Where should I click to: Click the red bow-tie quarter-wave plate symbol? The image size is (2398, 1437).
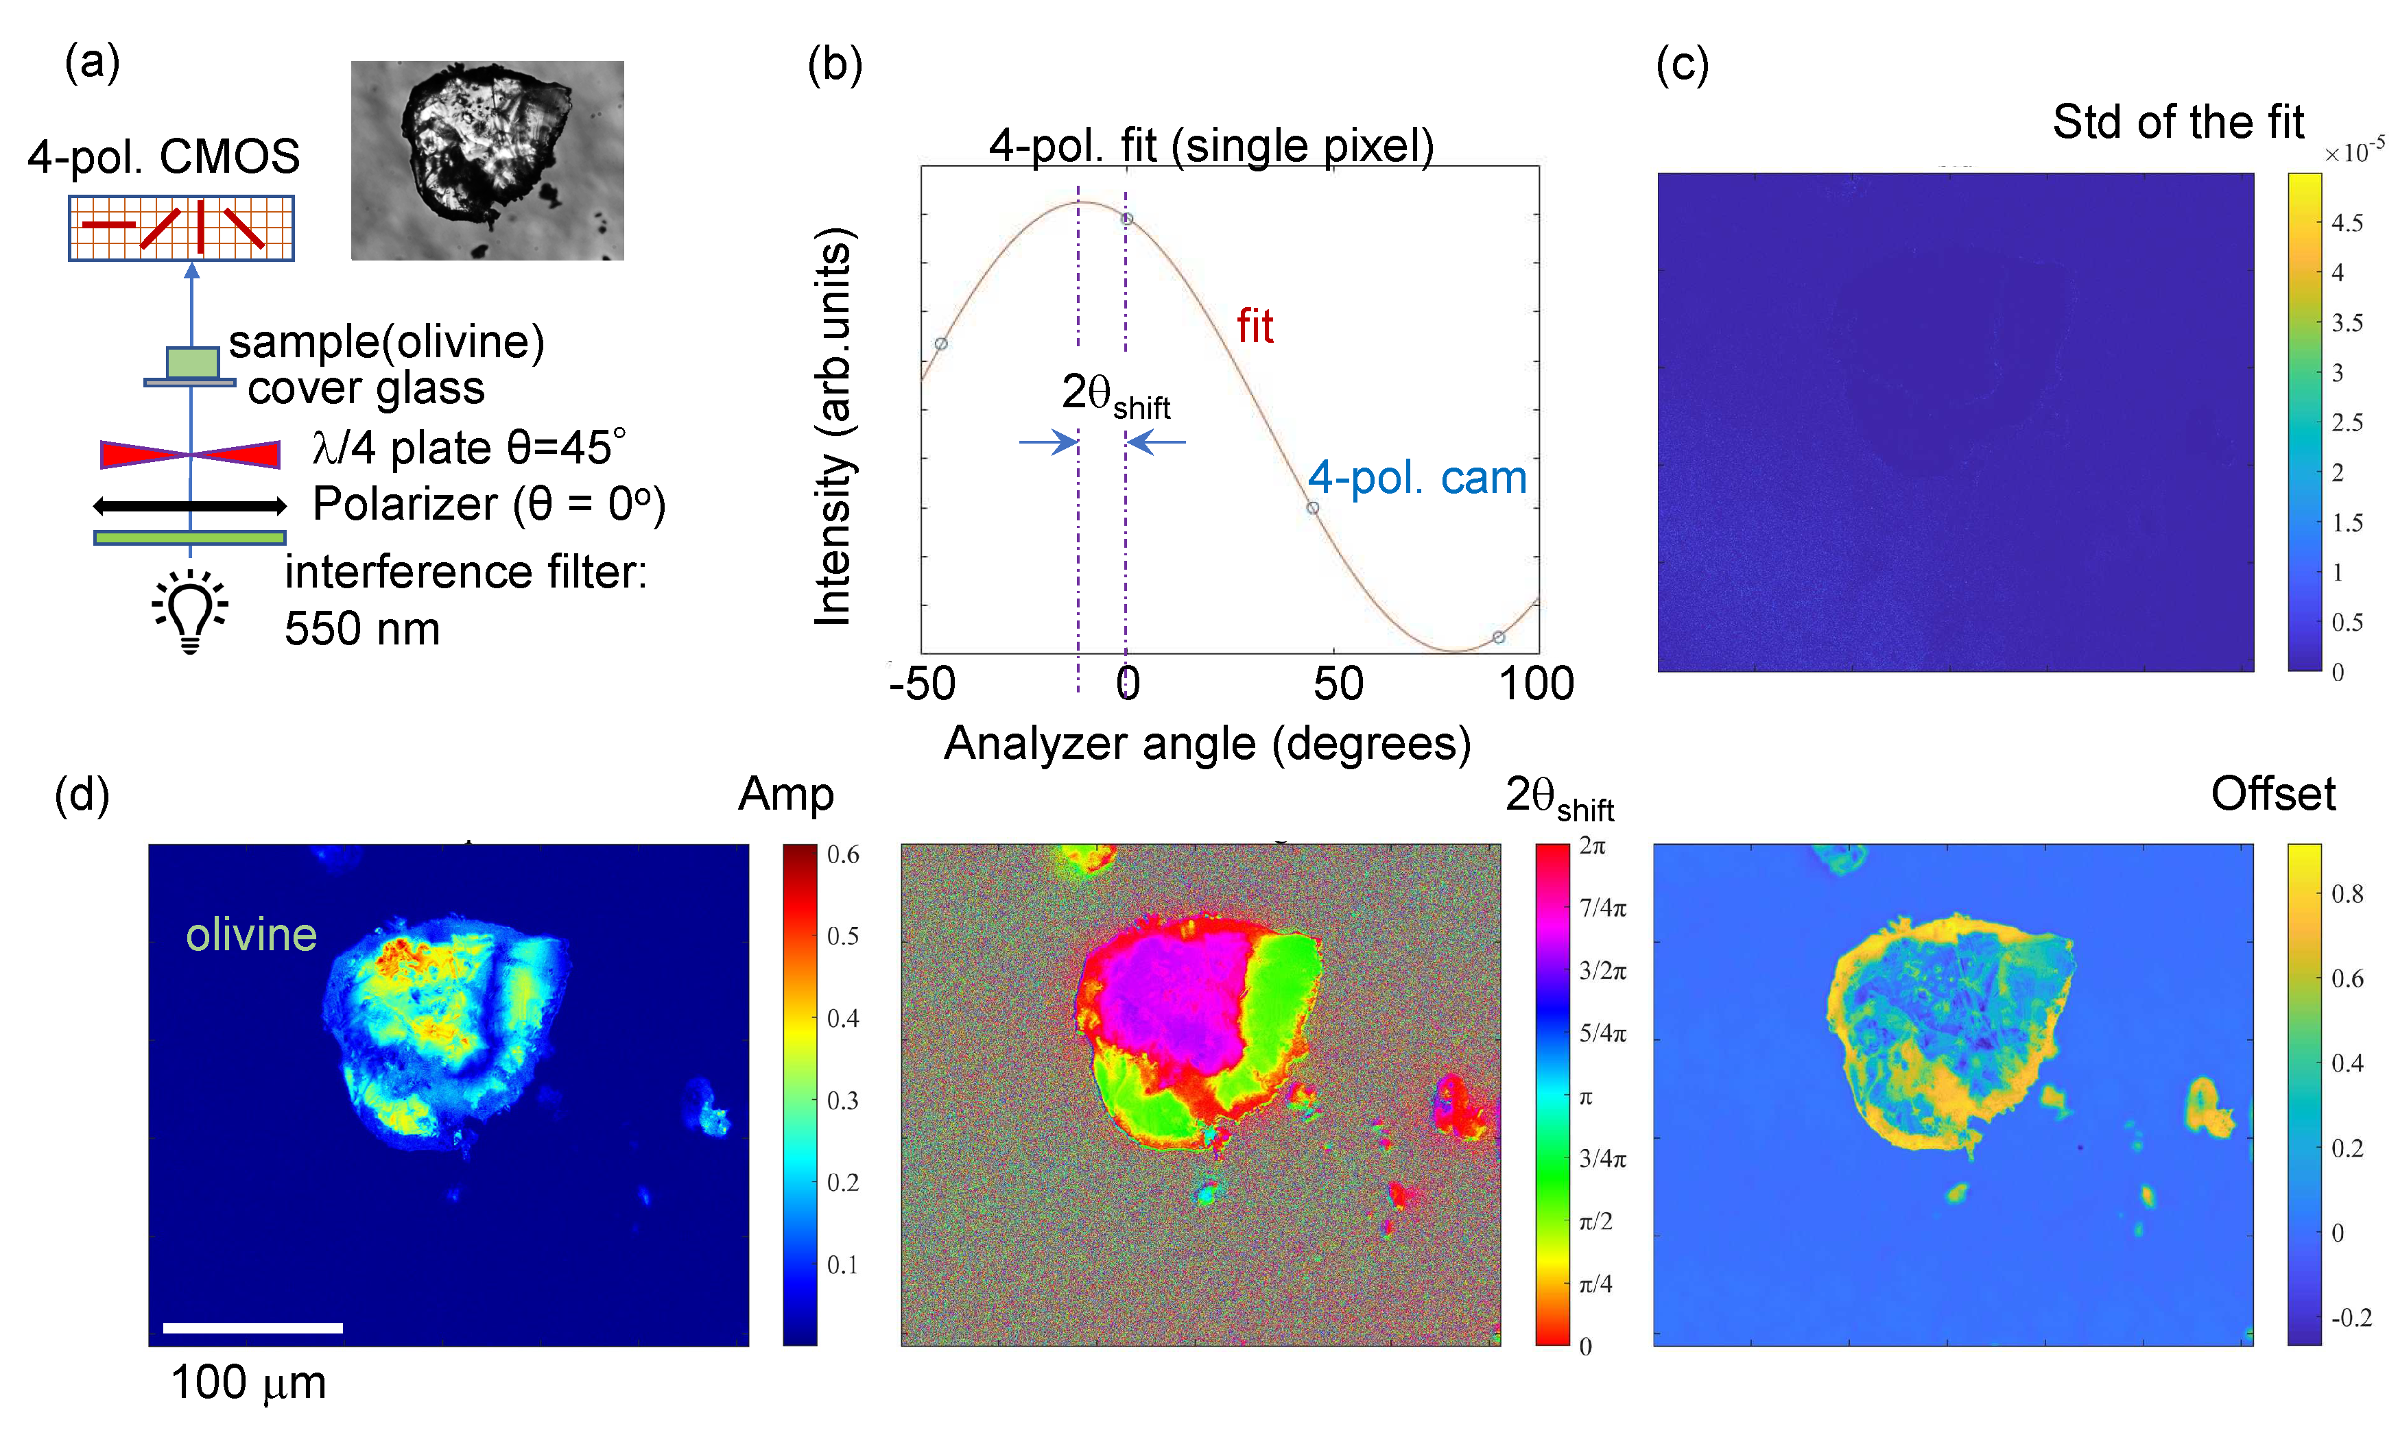click(x=190, y=454)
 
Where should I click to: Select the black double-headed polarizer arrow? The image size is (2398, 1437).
click(x=190, y=505)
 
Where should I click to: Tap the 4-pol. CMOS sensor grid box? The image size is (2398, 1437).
click(x=181, y=228)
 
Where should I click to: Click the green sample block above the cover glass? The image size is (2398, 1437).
click(x=192, y=362)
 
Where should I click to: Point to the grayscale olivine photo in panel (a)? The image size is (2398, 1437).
click(x=487, y=160)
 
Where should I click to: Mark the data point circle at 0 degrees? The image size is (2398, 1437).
click(x=1126, y=219)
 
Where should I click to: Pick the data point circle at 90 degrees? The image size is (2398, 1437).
click(x=1498, y=637)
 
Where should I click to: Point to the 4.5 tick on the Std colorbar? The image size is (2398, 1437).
click(x=2347, y=224)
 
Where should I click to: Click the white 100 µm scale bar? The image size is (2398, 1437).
click(x=253, y=1327)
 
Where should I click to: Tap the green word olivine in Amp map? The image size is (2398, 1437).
click(x=251, y=935)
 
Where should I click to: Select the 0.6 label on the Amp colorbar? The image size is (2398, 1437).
click(x=842, y=855)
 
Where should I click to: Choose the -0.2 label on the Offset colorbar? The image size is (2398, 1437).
click(x=2351, y=1318)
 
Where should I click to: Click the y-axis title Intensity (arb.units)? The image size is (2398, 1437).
click(x=833, y=426)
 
